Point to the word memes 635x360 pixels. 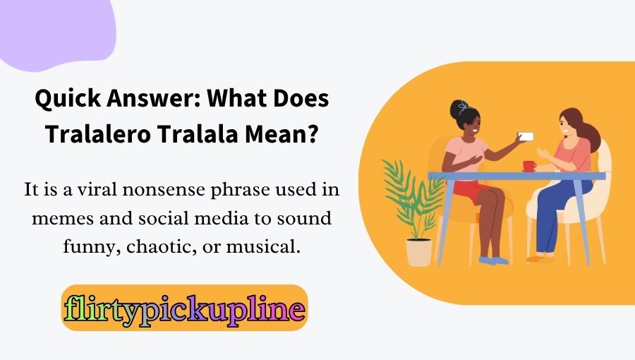(61, 218)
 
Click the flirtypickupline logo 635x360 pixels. (184, 308)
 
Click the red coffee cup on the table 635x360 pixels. (528, 166)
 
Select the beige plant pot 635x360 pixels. (418, 252)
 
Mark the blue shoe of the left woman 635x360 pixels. (493, 260)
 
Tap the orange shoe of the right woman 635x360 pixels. (541, 259)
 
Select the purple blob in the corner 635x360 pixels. (56, 28)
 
